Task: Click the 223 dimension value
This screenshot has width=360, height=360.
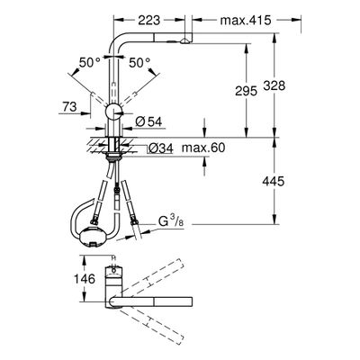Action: coord(149,20)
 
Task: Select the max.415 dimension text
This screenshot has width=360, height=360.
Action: coord(246,20)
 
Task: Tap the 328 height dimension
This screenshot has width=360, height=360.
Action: coord(274,85)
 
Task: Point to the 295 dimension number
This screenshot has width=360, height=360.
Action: coord(246,91)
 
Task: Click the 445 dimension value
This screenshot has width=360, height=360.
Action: coord(273,181)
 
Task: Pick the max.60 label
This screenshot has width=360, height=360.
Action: coord(203,148)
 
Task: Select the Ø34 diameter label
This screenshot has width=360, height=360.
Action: coord(161,148)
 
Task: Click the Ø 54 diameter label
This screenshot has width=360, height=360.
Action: coord(148,121)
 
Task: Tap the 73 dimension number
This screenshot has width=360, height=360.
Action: coord(69,106)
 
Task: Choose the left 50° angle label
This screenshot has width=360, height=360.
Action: coord(90,63)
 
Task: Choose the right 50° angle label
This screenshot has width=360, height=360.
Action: coord(139,63)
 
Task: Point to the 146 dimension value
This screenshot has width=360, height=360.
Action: coord(85,279)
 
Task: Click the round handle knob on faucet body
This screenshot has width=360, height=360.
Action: coord(113,112)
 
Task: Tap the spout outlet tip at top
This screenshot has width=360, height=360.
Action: coord(186,40)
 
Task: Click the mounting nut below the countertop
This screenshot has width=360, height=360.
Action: coord(113,155)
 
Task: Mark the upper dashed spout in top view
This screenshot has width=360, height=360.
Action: coord(151,277)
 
